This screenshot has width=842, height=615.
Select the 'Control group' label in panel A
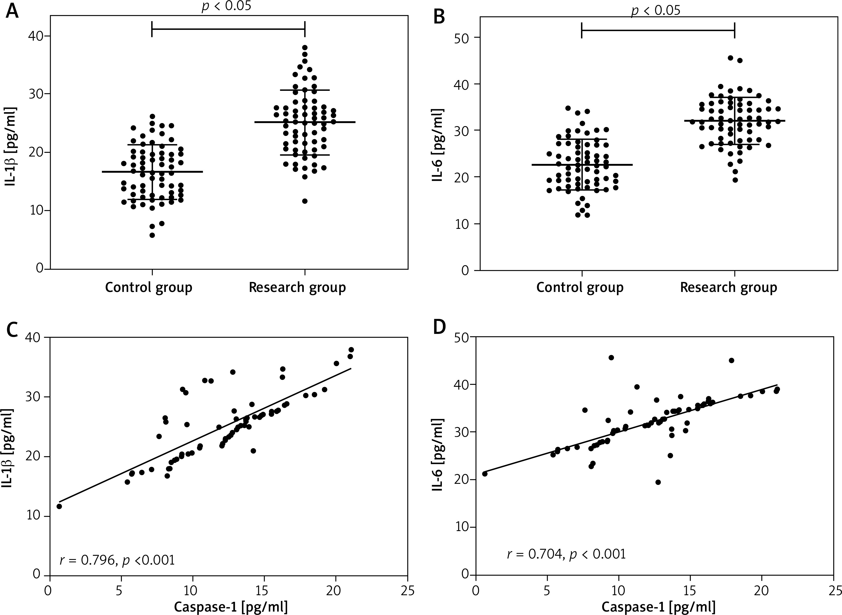(x=149, y=288)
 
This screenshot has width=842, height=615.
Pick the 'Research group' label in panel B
(x=729, y=288)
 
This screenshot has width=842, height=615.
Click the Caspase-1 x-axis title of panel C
(x=230, y=607)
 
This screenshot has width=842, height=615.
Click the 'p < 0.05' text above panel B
(x=655, y=10)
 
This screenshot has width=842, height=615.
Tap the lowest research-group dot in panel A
(x=305, y=201)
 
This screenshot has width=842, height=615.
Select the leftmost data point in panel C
(x=59, y=506)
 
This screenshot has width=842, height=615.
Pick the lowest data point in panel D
(x=658, y=482)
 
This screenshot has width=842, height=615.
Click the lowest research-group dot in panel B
(x=735, y=180)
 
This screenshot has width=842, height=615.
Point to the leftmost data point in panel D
(x=485, y=474)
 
